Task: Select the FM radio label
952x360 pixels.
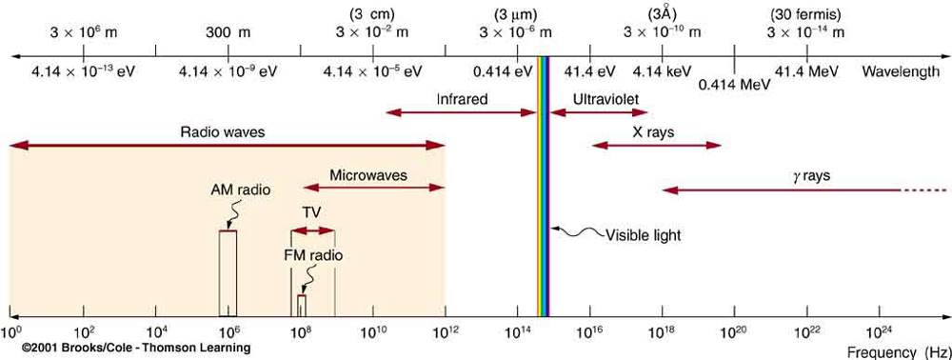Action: click(313, 255)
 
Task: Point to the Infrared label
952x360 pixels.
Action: click(462, 98)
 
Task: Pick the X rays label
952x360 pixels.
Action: click(653, 132)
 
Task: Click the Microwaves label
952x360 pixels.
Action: click(368, 175)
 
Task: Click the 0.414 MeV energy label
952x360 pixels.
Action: click(734, 84)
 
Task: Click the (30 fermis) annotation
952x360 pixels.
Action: click(807, 14)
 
